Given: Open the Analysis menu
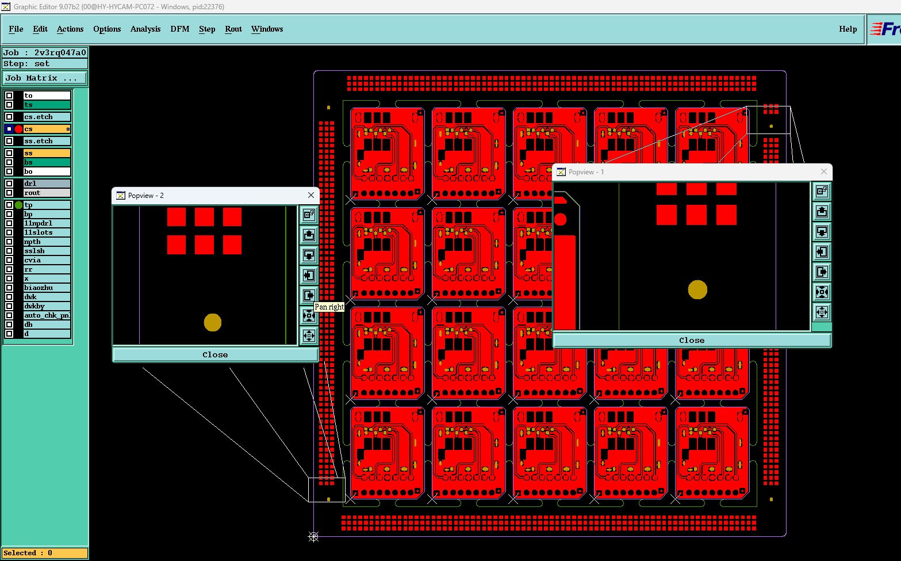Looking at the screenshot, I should coord(145,29).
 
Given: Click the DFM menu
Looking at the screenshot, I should coord(179,29).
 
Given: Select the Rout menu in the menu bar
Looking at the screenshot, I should coord(233,29).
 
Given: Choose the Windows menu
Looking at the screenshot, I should coord(267,29).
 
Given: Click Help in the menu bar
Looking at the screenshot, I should coord(848,29).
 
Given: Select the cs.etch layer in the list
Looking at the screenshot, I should coord(47,117).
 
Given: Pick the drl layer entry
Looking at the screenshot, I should coord(47,184).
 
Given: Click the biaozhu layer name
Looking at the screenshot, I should coord(47,288).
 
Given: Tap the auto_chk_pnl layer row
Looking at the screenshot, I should coord(47,315).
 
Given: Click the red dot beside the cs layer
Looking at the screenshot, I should coord(18,129).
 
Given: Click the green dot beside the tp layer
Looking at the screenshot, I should coord(18,205).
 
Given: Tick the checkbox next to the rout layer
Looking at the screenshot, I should coord(9,193).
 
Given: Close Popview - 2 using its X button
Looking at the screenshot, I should coord(311,195).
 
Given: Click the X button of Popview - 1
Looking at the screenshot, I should coord(824,171).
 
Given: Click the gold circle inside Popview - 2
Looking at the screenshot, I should coord(213,322).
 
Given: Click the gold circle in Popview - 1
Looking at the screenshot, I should coord(697,289).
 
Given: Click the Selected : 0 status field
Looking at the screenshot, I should coord(45,553).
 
